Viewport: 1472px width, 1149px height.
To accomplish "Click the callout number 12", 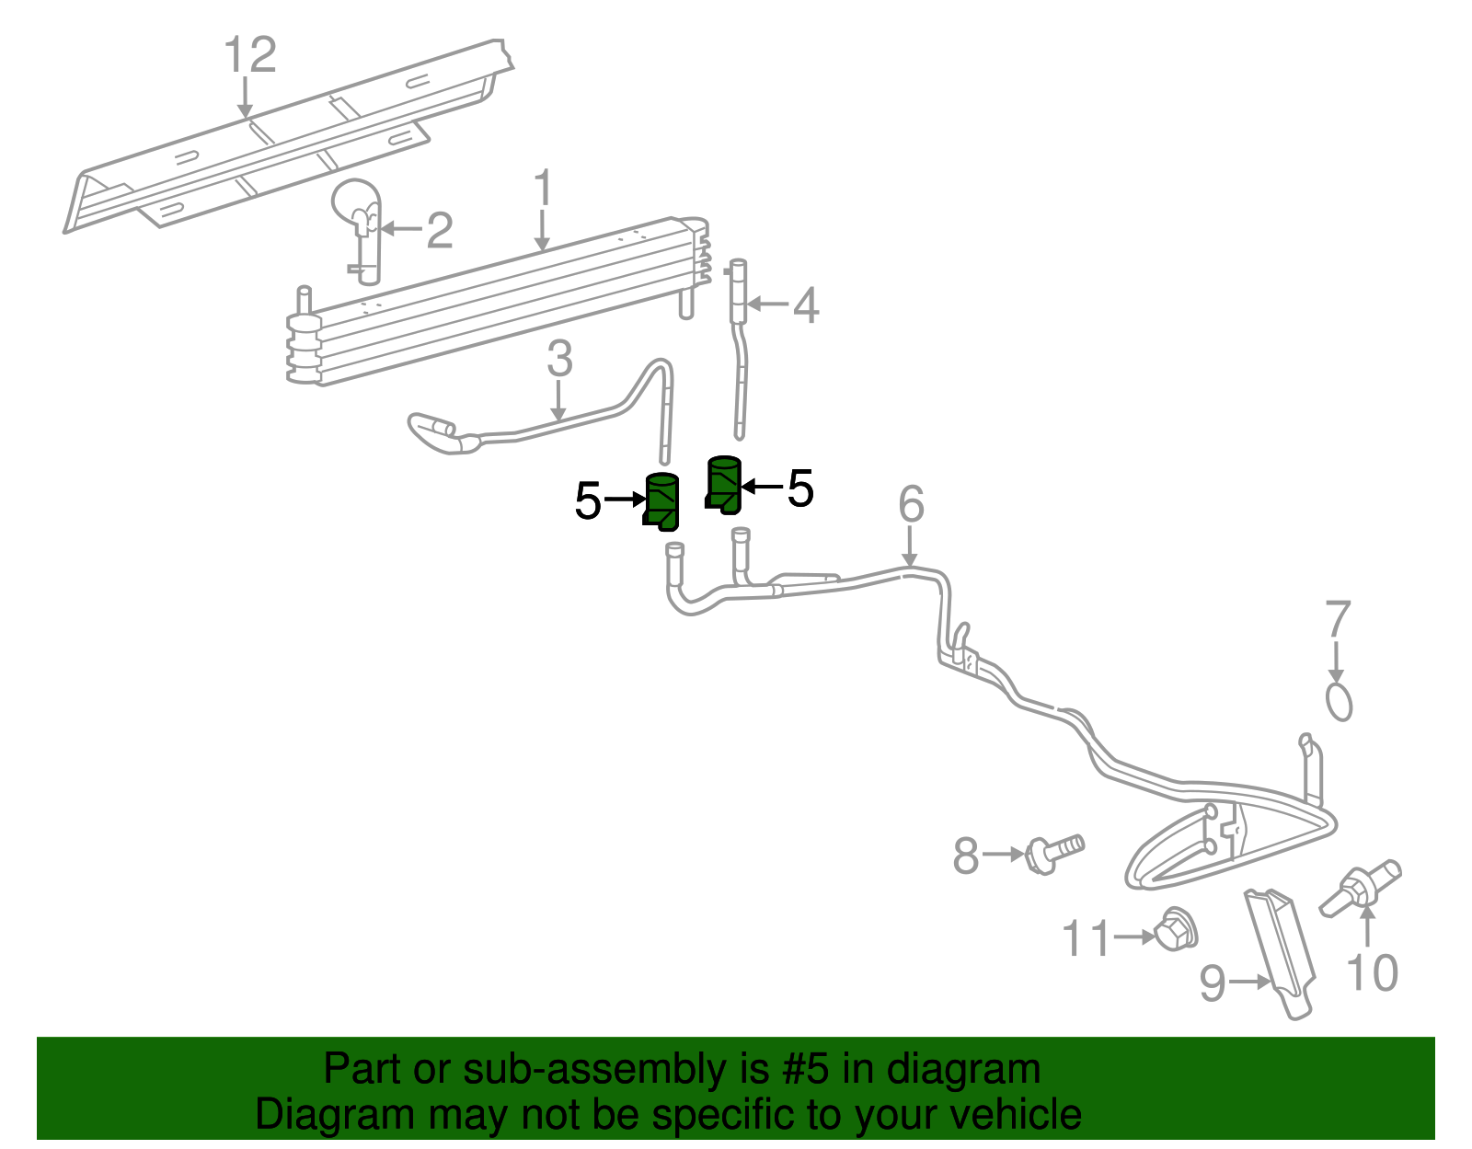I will (x=250, y=55).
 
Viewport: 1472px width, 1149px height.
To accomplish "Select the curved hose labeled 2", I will (x=360, y=221).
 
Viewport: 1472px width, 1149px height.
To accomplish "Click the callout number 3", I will (x=559, y=359).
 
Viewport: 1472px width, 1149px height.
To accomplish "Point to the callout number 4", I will (x=806, y=305).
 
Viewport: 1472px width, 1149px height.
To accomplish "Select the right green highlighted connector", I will (x=725, y=484).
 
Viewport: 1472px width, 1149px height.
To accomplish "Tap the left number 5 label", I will (x=588, y=501).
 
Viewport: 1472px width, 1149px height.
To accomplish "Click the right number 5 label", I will (x=800, y=488).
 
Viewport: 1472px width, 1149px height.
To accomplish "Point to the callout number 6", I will (x=911, y=504).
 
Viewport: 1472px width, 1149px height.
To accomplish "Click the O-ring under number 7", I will (x=1340, y=701).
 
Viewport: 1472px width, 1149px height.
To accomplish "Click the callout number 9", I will (x=1213, y=983).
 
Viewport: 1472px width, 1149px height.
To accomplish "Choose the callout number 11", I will (x=1087, y=939).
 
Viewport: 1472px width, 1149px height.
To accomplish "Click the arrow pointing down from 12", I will (x=245, y=98).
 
